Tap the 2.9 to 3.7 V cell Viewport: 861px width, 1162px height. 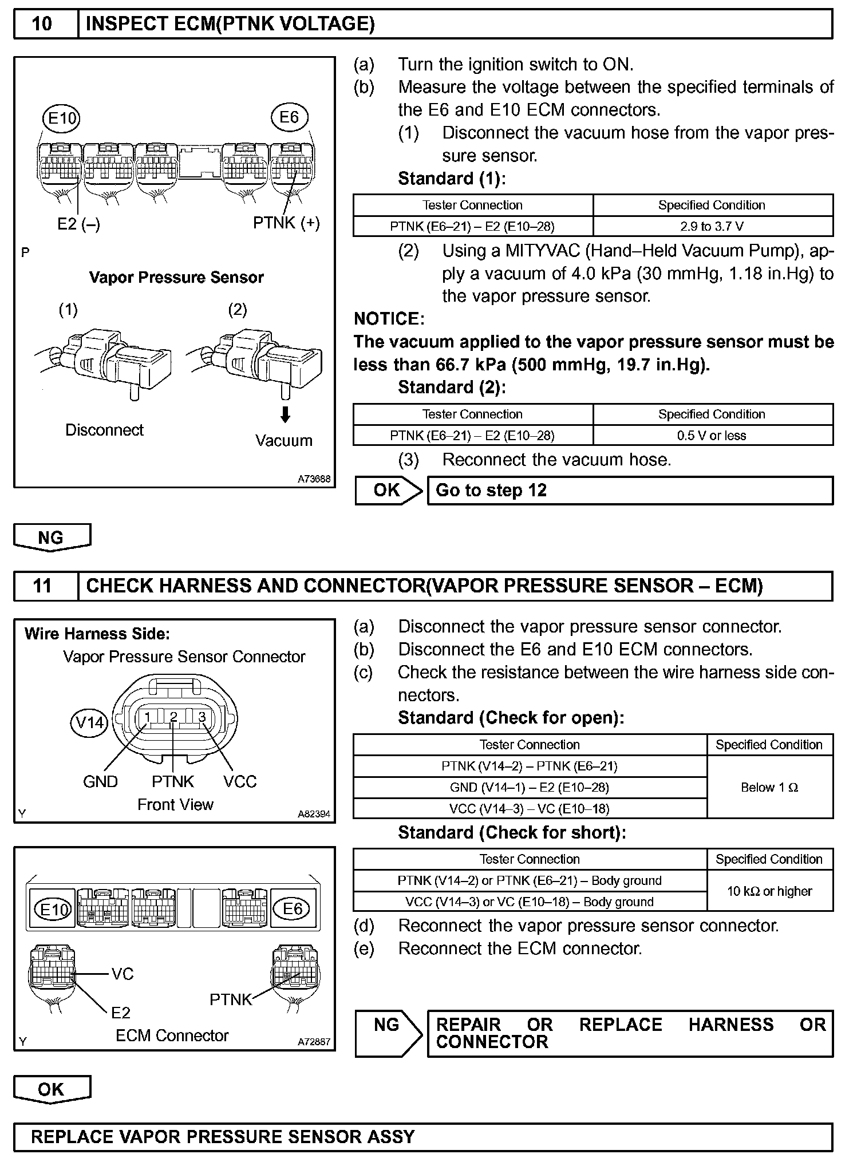coord(712,227)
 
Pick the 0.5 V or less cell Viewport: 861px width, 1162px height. coord(712,436)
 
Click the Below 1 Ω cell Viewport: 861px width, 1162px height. coord(769,788)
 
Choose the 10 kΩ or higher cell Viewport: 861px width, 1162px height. coord(769,891)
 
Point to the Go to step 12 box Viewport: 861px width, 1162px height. coord(630,491)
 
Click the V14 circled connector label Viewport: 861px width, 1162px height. coord(90,723)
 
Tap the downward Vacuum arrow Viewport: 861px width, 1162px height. coord(285,414)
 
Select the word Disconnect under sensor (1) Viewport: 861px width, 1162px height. coord(104,430)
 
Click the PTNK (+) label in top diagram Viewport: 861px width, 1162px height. coord(286,223)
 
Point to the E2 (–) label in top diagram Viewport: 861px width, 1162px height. coord(78,224)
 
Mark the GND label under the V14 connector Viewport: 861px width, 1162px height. coord(100,782)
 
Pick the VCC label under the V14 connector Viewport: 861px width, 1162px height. coord(240,782)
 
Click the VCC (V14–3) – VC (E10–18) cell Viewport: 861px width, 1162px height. coord(530,809)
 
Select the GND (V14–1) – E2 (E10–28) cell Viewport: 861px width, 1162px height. coord(530,788)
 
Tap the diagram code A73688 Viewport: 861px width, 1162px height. coord(314,479)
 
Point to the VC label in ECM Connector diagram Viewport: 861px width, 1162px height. coord(123,974)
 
